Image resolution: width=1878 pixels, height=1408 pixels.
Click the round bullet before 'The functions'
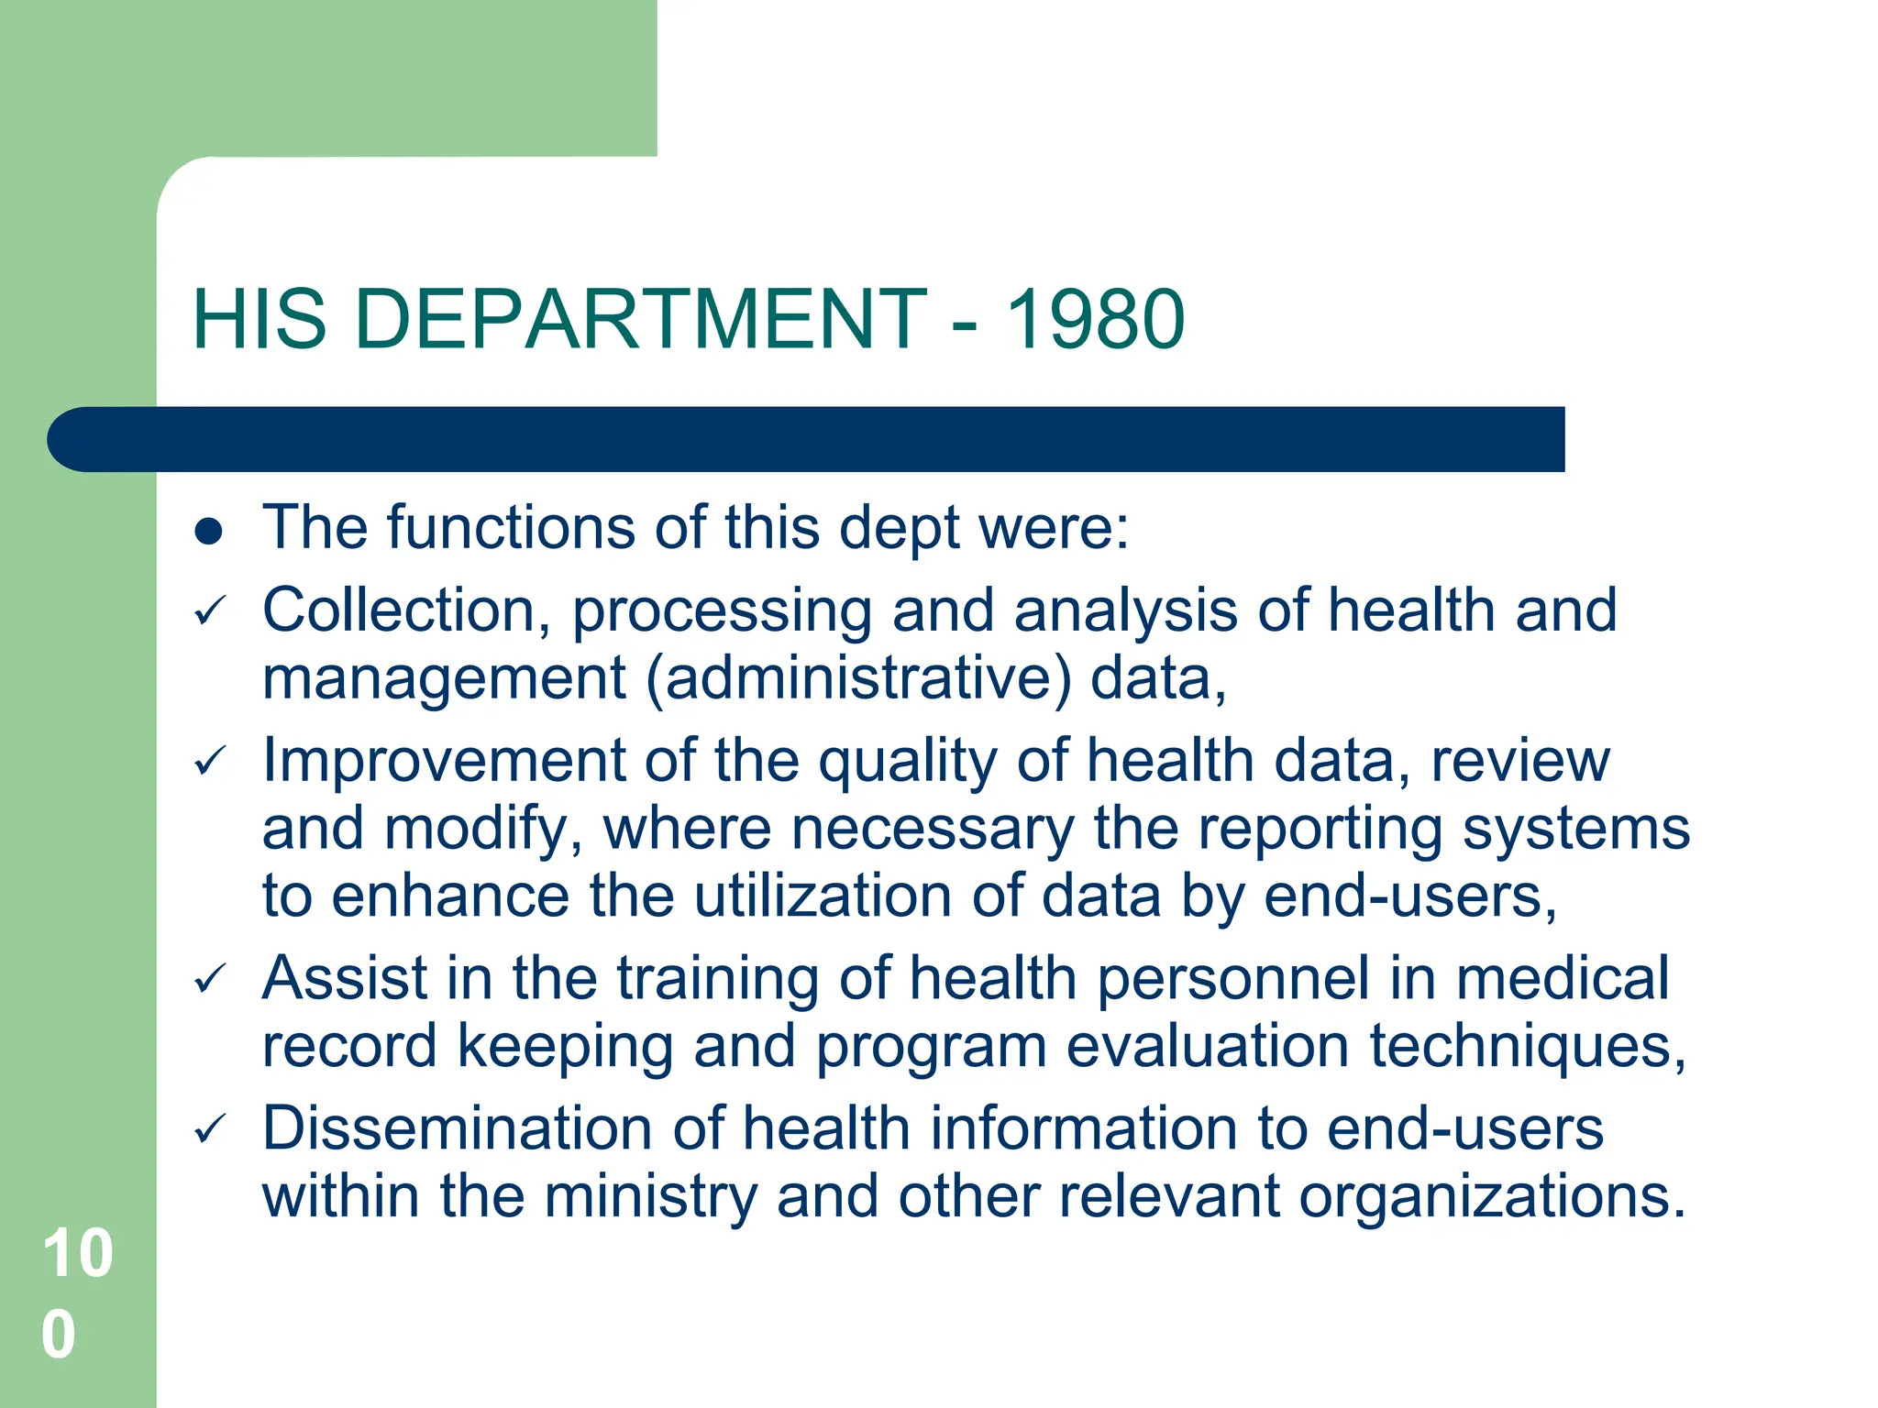click(x=209, y=531)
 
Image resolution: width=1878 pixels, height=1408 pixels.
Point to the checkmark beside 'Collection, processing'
click(x=210, y=611)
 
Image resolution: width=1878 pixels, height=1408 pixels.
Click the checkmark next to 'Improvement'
click(x=210, y=762)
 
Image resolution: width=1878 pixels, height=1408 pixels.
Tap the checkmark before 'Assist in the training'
click(x=210, y=980)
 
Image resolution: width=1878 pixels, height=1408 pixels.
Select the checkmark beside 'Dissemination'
click(x=210, y=1129)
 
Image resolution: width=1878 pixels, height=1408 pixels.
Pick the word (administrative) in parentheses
click(x=858, y=679)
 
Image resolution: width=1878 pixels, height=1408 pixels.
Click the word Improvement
click(x=444, y=762)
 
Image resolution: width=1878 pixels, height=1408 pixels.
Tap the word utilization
click(x=823, y=896)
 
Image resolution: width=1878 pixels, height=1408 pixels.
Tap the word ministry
click(x=650, y=1197)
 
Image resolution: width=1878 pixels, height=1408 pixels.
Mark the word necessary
click(x=933, y=830)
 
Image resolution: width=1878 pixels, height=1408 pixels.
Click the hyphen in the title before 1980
click(x=964, y=323)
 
